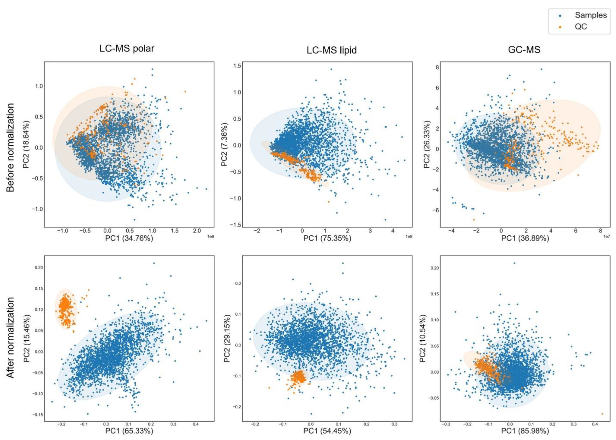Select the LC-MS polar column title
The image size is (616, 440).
(127, 48)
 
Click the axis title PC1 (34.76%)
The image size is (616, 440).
(129, 238)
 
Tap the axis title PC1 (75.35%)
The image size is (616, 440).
(327, 238)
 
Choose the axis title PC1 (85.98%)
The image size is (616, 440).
(525, 431)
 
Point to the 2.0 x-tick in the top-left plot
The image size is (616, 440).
(197, 231)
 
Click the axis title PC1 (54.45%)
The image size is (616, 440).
(327, 431)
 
